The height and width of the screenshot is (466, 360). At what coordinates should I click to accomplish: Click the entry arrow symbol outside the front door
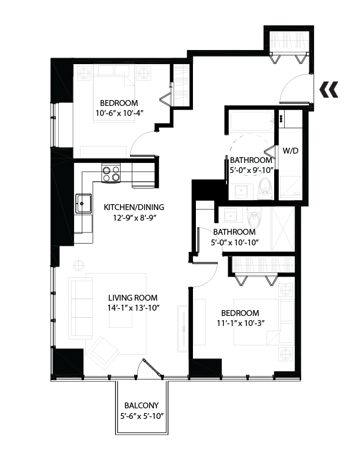click(x=329, y=89)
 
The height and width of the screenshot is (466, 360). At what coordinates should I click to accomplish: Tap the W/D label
click(x=290, y=151)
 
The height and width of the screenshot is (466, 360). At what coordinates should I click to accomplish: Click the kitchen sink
click(x=84, y=204)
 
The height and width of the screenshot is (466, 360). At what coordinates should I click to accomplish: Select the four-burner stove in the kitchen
click(x=111, y=174)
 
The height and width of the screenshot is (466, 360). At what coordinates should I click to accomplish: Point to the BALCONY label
click(x=141, y=405)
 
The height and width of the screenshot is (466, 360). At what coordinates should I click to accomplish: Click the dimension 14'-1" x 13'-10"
click(x=134, y=308)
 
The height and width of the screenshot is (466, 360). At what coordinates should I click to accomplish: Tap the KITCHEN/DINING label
click(x=134, y=207)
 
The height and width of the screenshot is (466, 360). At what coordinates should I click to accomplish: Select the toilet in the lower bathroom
click(x=254, y=217)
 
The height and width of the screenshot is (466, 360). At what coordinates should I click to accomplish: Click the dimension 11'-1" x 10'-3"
click(x=241, y=323)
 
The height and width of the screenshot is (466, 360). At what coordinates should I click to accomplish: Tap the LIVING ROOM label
click(x=133, y=298)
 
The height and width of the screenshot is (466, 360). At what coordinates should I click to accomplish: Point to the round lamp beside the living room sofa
click(x=79, y=265)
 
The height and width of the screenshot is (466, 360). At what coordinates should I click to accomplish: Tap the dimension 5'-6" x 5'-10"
click(x=142, y=416)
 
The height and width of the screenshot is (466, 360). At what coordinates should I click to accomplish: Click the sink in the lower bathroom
click(x=231, y=215)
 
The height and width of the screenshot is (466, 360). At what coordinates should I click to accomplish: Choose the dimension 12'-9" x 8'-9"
click(x=135, y=218)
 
